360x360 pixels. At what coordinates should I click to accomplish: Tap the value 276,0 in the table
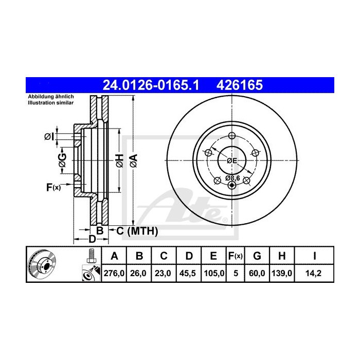(x=115, y=274)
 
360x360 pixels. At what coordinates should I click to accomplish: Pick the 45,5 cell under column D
(x=189, y=274)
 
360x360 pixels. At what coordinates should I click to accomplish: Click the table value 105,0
(x=214, y=274)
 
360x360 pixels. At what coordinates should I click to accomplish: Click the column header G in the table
(x=258, y=256)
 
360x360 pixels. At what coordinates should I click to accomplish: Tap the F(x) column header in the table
(x=236, y=256)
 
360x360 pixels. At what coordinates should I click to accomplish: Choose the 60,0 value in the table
(x=258, y=274)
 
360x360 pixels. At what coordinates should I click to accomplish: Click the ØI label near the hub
(x=48, y=136)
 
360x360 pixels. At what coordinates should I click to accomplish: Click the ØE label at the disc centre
(x=232, y=160)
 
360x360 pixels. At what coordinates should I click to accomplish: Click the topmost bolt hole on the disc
(x=231, y=136)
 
